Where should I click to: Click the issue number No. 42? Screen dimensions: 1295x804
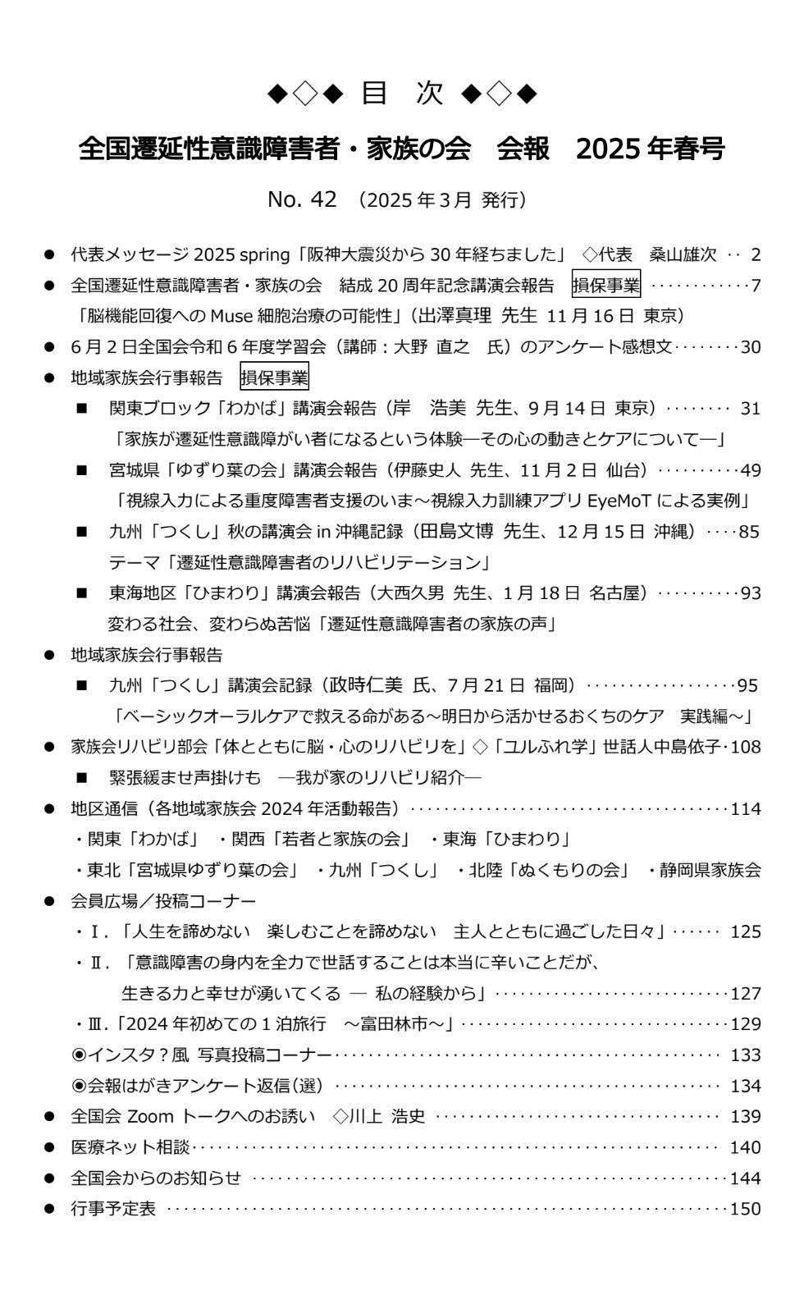coord(302,199)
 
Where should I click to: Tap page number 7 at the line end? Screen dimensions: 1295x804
coord(756,286)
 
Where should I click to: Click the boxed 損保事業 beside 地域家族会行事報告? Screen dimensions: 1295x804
coord(274,378)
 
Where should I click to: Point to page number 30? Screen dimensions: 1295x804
coord(751,347)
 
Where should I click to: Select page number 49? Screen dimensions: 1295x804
coord(751,470)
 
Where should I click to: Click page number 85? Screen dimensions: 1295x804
coord(749,532)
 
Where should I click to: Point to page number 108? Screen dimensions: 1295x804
coord(746,747)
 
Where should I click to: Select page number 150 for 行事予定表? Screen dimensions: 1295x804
coord(746,1209)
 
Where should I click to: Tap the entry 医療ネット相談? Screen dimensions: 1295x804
coord(130,1147)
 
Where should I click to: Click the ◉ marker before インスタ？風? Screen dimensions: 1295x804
coord(80,1055)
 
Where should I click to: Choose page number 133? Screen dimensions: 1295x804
coord(746,1055)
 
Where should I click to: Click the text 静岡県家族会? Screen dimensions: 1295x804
coord(710,870)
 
